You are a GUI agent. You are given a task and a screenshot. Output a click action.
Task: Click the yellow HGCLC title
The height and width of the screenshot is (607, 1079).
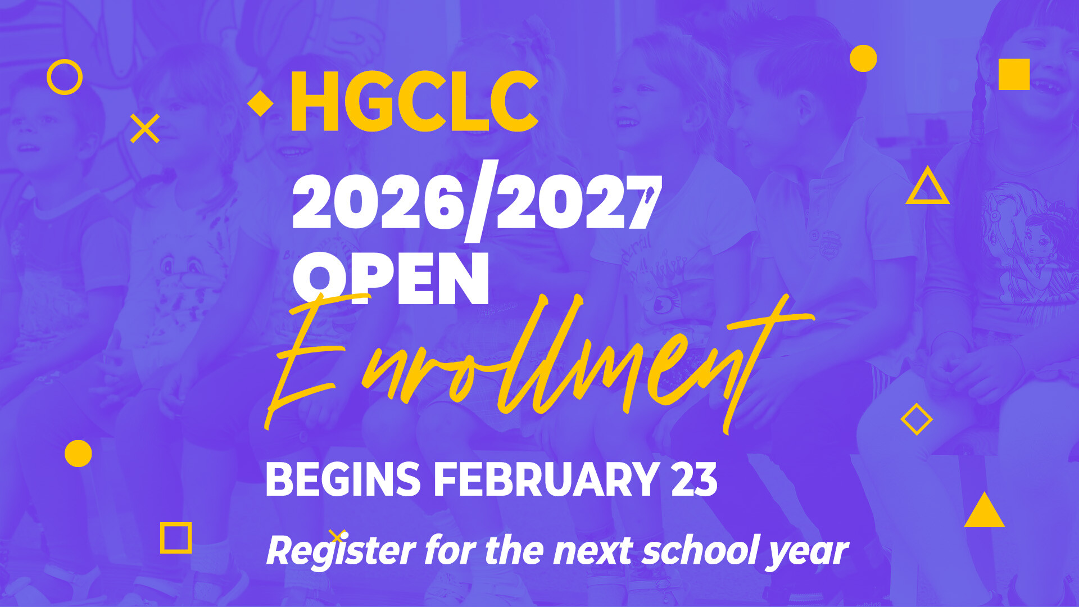coord(414,101)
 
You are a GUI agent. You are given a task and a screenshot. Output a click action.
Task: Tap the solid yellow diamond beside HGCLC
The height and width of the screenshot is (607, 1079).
coord(260,103)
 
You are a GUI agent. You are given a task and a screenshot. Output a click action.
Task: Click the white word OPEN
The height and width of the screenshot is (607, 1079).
coord(391,279)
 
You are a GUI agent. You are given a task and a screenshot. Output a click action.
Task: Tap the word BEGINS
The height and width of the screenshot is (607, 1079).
coord(343,479)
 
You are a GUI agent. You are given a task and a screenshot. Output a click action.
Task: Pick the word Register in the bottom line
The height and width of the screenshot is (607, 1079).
coord(341,551)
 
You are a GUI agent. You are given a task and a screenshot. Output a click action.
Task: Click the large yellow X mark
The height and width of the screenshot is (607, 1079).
coord(145,129)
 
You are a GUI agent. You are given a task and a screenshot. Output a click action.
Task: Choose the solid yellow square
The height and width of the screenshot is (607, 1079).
coord(1014,74)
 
